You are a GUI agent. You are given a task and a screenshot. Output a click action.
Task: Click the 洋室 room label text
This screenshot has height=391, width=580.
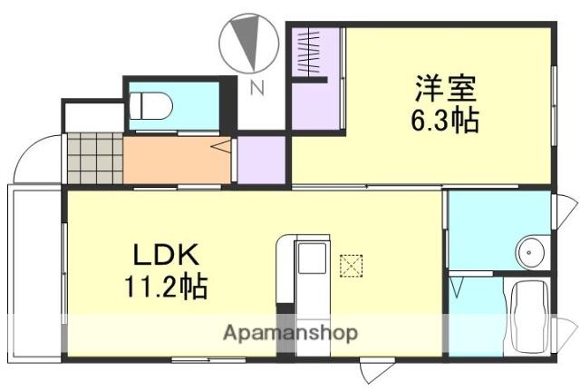446,90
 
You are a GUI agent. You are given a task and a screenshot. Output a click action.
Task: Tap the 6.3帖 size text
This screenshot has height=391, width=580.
446,119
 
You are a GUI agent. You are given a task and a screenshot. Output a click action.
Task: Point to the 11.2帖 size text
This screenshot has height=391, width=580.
166,288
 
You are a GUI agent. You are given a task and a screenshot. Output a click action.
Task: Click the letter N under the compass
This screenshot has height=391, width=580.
256,88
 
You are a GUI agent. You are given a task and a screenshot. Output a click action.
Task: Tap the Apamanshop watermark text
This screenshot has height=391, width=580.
290,332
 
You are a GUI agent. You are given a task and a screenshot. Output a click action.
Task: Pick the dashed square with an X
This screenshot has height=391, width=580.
349,266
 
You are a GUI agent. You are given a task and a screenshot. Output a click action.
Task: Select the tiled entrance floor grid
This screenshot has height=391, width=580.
95,157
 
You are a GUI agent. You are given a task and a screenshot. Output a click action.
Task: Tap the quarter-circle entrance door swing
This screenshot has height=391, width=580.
36,160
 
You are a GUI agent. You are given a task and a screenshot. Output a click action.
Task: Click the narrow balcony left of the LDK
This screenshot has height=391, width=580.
34,272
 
